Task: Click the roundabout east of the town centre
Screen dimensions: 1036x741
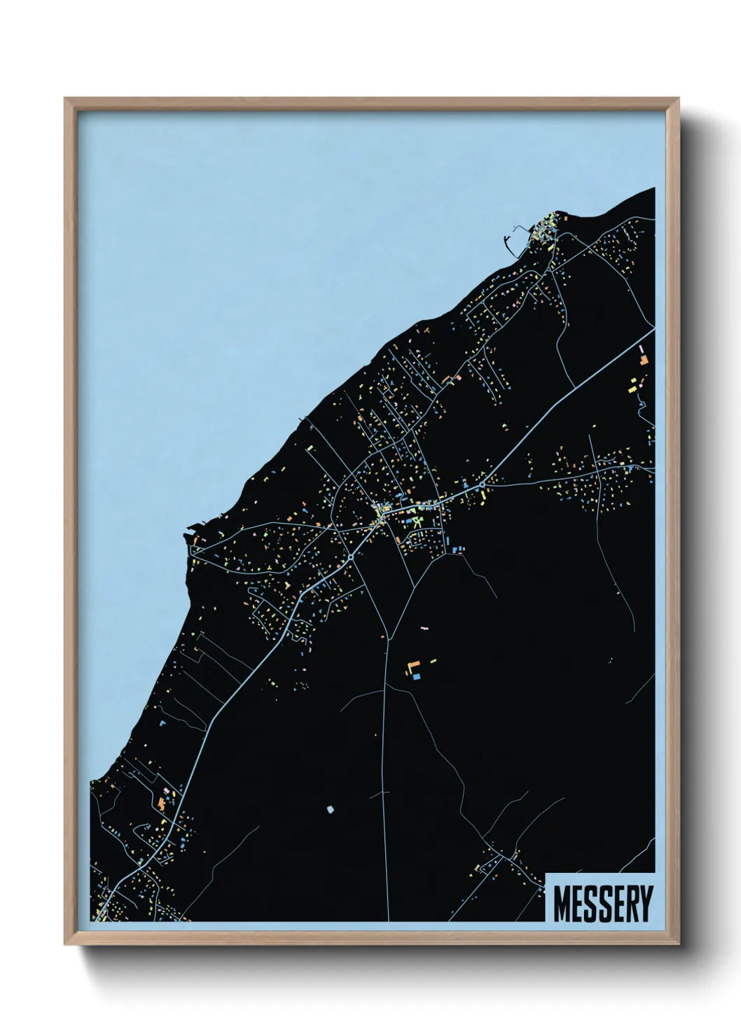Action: [483, 484]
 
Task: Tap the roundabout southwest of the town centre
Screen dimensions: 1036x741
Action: [349, 558]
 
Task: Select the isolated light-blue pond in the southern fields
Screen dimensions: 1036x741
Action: [328, 809]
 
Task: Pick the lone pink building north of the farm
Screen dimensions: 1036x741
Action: [423, 629]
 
